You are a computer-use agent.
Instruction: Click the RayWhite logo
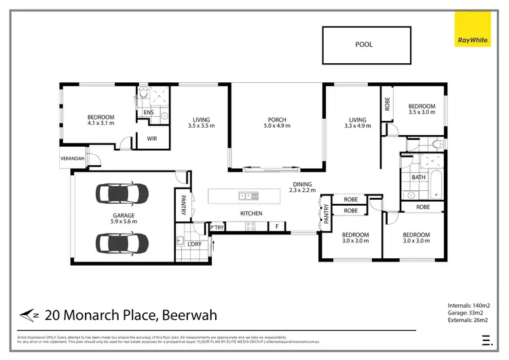pyautogui.click(x=472, y=40)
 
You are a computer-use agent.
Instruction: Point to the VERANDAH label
pyautogui.click(x=73, y=158)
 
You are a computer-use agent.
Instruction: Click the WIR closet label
pyautogui.click(x=152, y=139)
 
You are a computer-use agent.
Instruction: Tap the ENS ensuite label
pyautogui.click(x=148, y=113)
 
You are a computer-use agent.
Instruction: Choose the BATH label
pyautogui.click(x=418, y=178)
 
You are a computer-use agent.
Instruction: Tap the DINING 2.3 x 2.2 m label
pyautogui.click(x=302, y=187)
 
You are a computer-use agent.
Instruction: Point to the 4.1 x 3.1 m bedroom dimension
pyautogui.click(x=101, y=124)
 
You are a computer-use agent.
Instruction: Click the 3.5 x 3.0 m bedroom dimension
pyautogui.click(x=421, y=113)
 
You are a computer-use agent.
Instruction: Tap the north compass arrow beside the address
pyautogui.click(x=28, y=314)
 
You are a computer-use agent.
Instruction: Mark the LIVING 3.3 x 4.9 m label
pyautogui.click(x=358, y=122)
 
